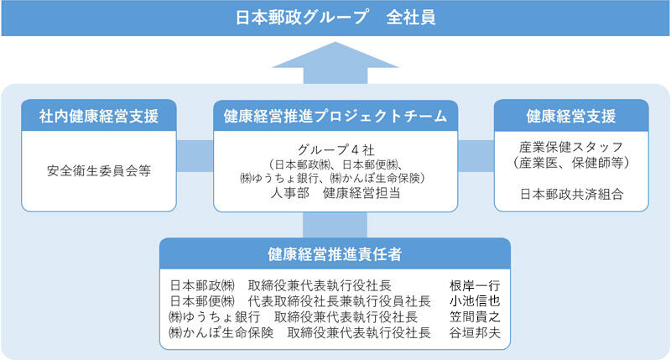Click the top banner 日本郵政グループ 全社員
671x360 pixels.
pos(335,17)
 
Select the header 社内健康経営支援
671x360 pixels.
pos(99,116)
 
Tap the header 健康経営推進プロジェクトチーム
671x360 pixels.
pos(335,116)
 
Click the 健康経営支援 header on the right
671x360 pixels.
pos(571,116)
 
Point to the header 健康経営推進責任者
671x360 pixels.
pos(335,253)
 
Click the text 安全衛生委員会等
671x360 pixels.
pos(99,168)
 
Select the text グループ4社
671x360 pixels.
pos(335,148)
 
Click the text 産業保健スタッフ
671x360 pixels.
pos(571,144)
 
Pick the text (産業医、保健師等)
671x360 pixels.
pos(571,161)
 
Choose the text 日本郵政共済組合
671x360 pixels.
pos(571,195)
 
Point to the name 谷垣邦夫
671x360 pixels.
pos(475,333)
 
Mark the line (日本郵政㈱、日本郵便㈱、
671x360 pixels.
pos(335,164)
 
